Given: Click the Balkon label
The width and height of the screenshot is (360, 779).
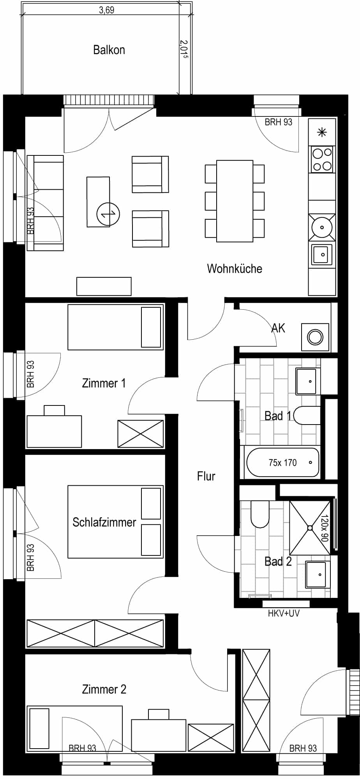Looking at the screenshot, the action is (109, 50).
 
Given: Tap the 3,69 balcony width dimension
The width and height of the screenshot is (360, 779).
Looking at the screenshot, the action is (106, 10).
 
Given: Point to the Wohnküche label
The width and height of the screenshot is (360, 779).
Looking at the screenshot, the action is (235, 268).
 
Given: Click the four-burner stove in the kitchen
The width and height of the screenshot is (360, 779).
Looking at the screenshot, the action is (322, 160).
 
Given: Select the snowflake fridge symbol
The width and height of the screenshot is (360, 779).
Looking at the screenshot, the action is (322, 132).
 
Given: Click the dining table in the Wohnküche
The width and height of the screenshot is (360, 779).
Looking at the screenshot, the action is (235, 201).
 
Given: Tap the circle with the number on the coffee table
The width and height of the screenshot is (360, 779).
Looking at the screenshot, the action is (108, 214).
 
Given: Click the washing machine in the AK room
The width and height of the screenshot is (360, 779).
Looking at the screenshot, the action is (315, 337).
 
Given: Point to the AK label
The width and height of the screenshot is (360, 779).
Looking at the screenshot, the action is (278, 328).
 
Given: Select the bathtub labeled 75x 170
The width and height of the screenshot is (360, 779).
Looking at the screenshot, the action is (283, 462).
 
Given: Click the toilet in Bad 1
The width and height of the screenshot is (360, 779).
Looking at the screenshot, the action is (307, 416).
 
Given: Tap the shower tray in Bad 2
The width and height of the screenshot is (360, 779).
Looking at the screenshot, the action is (310, 528).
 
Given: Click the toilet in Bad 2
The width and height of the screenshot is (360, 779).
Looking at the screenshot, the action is (260, 513).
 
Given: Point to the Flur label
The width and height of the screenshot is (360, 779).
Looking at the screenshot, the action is (206, 476).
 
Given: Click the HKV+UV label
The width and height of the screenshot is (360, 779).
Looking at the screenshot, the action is (284, 613).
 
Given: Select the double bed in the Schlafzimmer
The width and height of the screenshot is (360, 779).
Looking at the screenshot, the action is (115, 522).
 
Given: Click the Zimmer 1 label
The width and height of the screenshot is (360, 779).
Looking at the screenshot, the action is (104, 383).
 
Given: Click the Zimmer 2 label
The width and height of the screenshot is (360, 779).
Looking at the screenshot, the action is (104, 689).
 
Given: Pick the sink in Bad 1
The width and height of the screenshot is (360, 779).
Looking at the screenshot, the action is (308, 381).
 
